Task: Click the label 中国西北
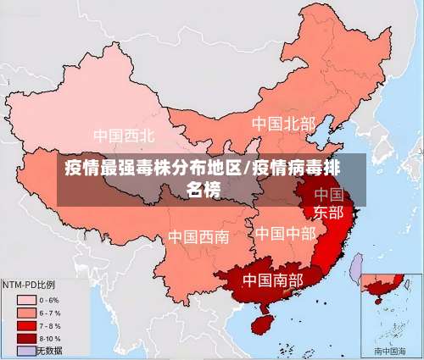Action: point(124,136)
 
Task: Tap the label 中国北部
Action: point(283,124)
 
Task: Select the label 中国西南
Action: point(198,236)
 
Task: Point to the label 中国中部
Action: point(285,232)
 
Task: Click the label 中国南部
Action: point(274,279)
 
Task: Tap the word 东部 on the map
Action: point(329,211)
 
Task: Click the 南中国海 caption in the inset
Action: point(391,350)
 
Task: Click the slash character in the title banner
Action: point(248,166)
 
